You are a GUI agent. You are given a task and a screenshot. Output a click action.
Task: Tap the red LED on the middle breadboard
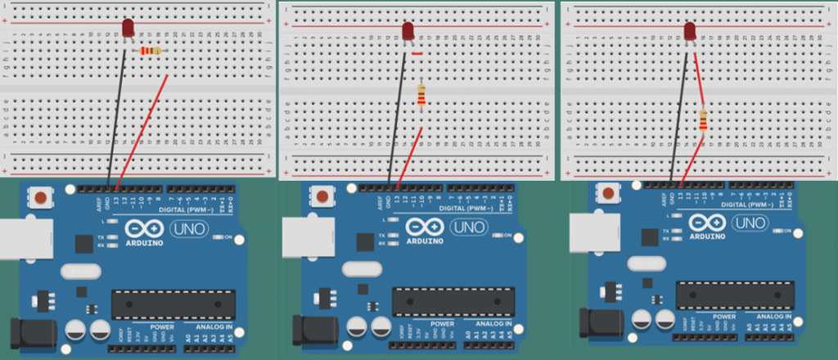pos(408,31)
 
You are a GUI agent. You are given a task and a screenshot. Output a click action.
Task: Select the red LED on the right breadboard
pos(690,31)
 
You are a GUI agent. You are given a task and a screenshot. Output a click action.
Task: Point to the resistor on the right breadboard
pos(703,119)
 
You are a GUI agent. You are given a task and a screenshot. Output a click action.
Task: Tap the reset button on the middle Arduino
pos(323,197)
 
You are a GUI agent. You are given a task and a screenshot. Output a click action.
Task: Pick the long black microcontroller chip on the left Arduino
pos(169,306)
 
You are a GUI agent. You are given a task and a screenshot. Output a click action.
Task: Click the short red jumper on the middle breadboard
pos(417,54)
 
